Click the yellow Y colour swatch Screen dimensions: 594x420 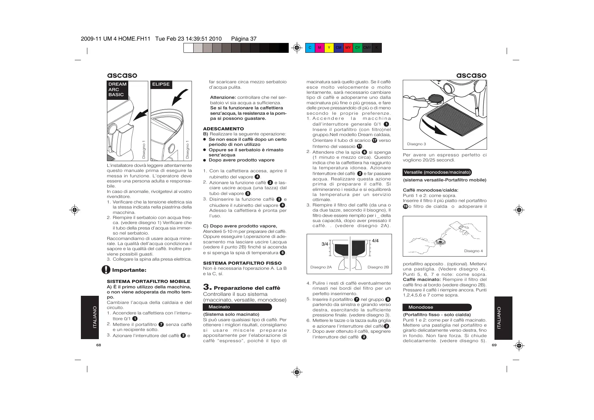click(329, 48)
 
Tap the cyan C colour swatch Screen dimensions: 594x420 click(310, 48)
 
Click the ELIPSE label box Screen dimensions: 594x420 click(161, 84)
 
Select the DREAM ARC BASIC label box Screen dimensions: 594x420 click(117, 90)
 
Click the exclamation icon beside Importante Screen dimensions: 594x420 click(106, 270)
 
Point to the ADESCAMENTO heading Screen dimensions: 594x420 click(223, 129)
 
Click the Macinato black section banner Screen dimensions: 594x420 click(237, 307)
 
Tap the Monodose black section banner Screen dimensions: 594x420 click(437, 307)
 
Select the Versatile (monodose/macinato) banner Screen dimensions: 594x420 click(437, 172)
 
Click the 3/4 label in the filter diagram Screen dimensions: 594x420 click(325, 244)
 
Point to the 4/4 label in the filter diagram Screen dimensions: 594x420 click(375, 241)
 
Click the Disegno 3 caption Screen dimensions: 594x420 click(416, 144)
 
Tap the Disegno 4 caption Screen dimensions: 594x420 click(473, 251)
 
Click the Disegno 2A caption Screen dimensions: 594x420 click(321, 267)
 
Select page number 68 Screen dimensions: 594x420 click(98, 345)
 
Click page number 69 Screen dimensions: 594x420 click(494, 345)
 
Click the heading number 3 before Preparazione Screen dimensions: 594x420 click(207, 287)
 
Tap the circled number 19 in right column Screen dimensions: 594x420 click(405, 206)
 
